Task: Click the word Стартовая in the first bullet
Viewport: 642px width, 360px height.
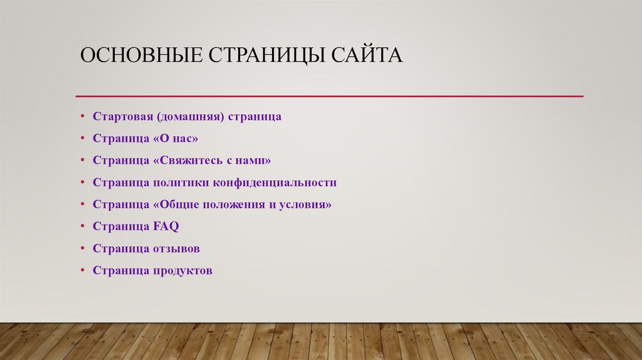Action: (123, 117)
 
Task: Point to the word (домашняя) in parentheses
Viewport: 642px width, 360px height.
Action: (190, 117)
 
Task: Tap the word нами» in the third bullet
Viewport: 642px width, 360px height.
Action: (256, 161)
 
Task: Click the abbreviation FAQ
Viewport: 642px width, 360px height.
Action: (166, 226)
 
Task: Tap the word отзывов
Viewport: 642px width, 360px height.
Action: (176, 248)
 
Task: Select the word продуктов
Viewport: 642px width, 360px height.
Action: (182, 271)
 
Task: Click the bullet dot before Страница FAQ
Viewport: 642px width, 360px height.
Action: (82, 226)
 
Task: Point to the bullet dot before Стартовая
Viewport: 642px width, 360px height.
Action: (82, 117)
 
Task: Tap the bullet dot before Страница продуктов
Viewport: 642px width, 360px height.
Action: (82, 271)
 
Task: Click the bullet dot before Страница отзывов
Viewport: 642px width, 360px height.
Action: (82, 248)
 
